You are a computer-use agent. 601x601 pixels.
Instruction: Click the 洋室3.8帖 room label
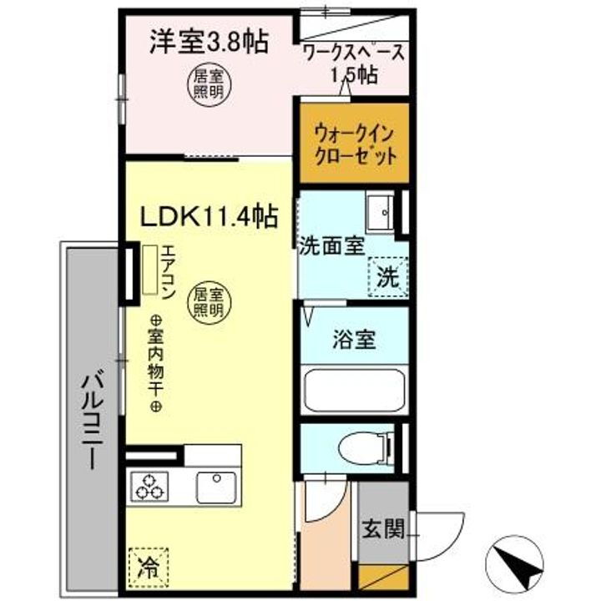(209, 42)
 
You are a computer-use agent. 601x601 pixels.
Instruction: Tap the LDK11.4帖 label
(208, 216)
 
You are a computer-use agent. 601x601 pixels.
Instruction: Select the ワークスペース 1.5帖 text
(354, 63)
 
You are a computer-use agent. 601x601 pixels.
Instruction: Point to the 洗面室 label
(331, 247)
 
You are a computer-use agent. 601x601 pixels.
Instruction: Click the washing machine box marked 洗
(386, 275)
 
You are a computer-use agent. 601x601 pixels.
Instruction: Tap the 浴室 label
(354, 341)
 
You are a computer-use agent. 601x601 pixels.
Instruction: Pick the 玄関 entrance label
(383, 528)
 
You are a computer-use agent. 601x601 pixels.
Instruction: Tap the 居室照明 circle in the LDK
(209, 301)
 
